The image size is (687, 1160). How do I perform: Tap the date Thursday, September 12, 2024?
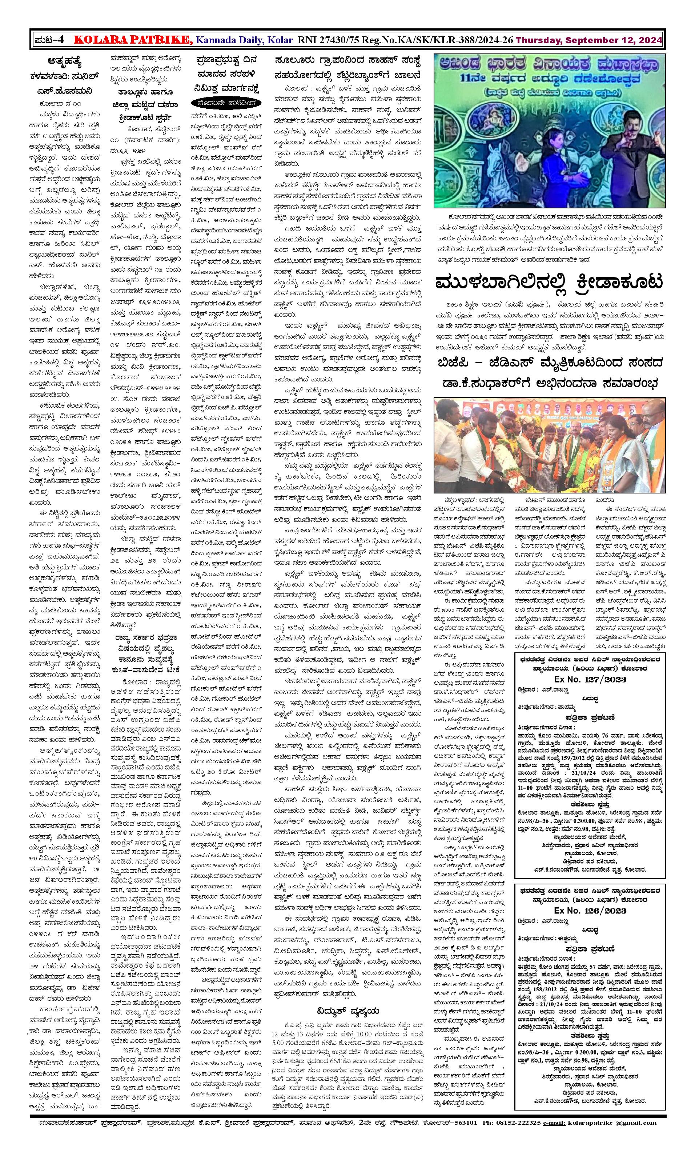[588, 40]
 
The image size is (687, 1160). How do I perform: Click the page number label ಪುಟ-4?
[49, 40]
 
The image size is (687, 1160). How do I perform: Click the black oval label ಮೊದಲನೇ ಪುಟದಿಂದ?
[225, 102]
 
